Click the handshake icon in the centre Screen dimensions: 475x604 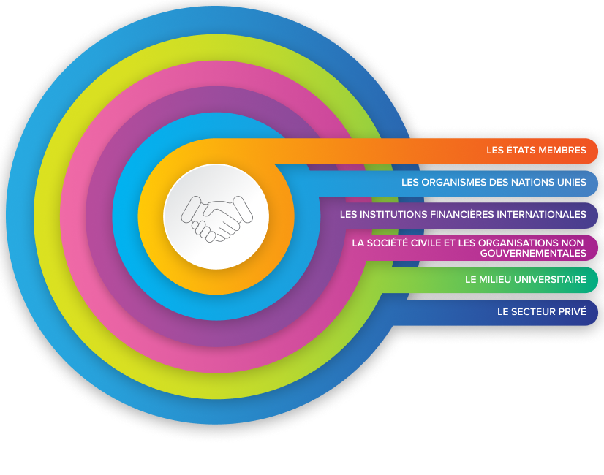click(216, 218)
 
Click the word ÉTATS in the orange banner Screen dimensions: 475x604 click(521, 151)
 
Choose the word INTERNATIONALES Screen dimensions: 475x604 click(541, 215)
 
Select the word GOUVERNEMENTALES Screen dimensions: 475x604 click(533, 253)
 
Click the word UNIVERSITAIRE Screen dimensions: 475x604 click(554, 279)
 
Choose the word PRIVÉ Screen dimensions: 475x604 click(573, 311)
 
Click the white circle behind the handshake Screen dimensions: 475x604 click(216, 186)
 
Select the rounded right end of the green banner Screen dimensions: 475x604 click(593, 279)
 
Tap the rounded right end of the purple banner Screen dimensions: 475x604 click(593, 215)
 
